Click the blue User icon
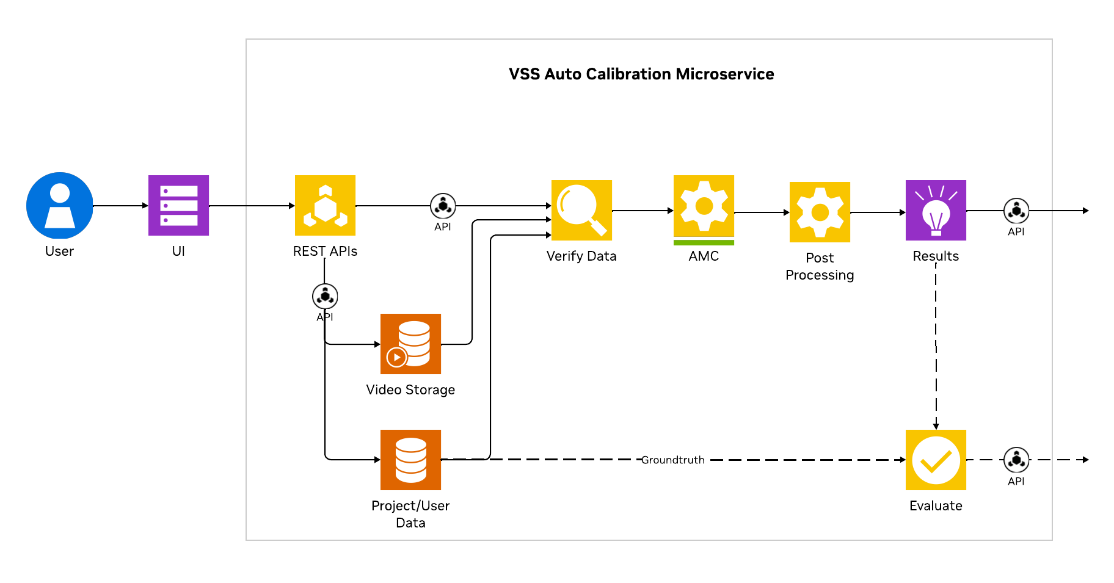pyautogui.click(x=59, y=205)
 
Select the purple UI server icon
pyautogui.click(x=178, y=205)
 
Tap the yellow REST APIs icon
pyautogui.click(x=325, y=205)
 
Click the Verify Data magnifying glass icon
pyautogui.click(x=581, y=210)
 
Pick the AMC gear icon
pyautogui.click(x=704, y=206)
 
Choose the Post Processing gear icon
pyautogui.click(x=820, y=212)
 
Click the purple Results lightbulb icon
pyautogui.click(x=936, y=210)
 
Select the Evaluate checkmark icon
pyautogui.click(x=936, y=460)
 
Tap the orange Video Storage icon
pyautogui.click(x=410, y=344)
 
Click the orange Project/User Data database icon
pyautogui.click(x=410, y=460)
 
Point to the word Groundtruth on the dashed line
pyautogui.click(x=672, y=460)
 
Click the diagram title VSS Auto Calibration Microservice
pyautogui.click(x=641, y=74)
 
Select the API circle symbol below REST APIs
pyautogui.click(x=325, y=297)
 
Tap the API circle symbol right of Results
pyautogui.click(x=1016, y=211)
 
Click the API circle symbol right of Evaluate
pyautogui.click(x=1016, y=460)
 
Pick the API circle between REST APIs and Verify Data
pyautogui.click(x=443, y=206)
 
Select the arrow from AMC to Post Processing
pyautogui.click(x=762, y=212)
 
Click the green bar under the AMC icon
pyautogui.click(x=704, y=242)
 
